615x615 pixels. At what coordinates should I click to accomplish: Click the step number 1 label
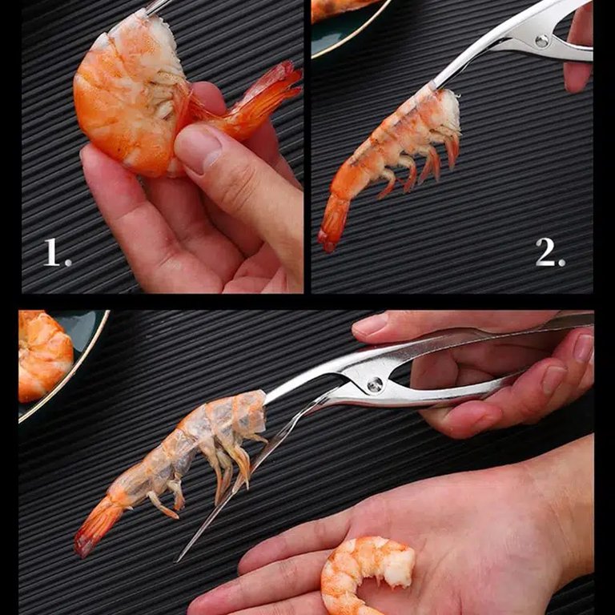57,252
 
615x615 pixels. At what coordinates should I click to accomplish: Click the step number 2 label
550,252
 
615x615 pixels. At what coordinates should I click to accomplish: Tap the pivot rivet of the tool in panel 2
542,40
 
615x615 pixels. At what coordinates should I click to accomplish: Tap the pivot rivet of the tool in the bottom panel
375,384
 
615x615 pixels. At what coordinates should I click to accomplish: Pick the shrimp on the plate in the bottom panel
44,355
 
